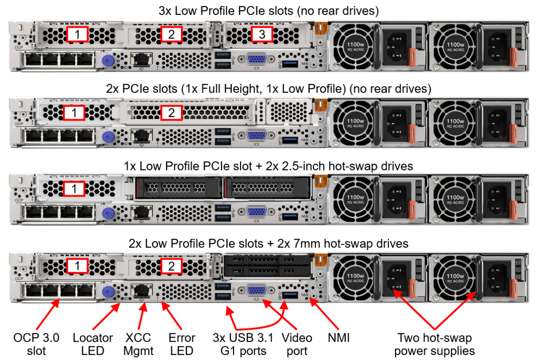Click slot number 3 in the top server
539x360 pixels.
pyautogui.click(x=262, y=34)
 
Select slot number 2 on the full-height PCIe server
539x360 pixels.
pyautogui.click(x=171, y=112)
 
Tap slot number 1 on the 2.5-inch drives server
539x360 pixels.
pyautogui.click(x=74, y=189)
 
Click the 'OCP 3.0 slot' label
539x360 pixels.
pyautogui.click(x=36, y=344)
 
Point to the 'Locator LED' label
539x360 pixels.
pyautogui.click(x=93, y=344)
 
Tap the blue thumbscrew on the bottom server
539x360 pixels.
pyautogui.click(x=108, y=291)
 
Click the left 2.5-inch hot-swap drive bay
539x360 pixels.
pyautogui.click(x=178, y=188)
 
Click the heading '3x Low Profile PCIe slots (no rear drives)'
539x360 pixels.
pyautogui.click(x=269, y=10)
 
